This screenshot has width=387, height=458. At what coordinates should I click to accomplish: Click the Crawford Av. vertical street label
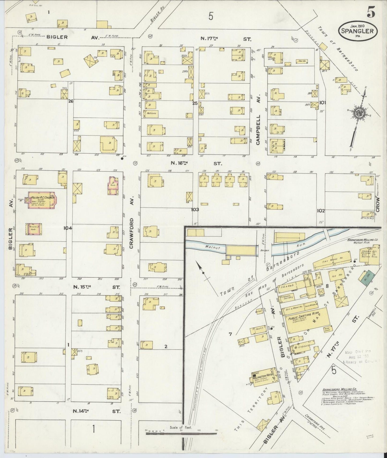(x=131, y=233)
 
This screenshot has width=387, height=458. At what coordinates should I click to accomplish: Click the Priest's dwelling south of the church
(x=34, y=229)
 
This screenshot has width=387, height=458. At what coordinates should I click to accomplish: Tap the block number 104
(x=67, y=228)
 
